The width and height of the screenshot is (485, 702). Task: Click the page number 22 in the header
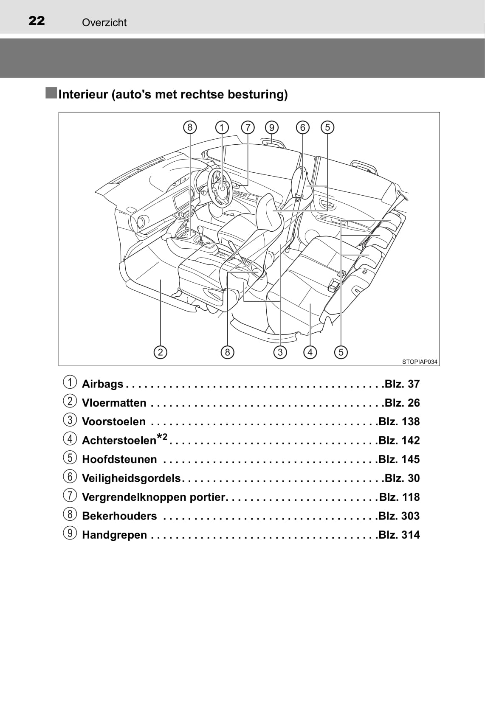(37, 21)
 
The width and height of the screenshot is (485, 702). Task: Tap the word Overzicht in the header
(104, 22)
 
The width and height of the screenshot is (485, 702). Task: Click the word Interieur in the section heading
(83, 94)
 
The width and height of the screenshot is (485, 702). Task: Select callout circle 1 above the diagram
(222, 127)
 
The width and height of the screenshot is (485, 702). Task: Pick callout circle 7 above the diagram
(248, 127)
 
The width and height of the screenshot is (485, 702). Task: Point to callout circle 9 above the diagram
(271, 127)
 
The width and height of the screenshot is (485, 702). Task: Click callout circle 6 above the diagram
(302, 127)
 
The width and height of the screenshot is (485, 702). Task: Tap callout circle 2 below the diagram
(160, 352)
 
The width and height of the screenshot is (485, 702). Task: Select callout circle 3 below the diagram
(280, 352)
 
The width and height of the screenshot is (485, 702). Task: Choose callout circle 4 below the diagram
(310, 352)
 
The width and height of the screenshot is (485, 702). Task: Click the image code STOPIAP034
(420, 362)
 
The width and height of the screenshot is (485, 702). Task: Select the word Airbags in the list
(102, 384)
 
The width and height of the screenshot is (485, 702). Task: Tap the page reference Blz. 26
(402, 403)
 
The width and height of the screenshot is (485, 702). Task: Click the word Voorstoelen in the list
(114, 422)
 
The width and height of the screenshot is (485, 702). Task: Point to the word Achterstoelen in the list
(119, 441)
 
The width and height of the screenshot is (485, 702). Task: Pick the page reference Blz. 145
(399, 459)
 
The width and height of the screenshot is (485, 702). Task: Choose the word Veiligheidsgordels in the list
(131, 478)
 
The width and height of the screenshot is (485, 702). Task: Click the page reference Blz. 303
(399, 516)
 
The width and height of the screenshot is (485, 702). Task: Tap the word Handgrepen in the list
(114, 535)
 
